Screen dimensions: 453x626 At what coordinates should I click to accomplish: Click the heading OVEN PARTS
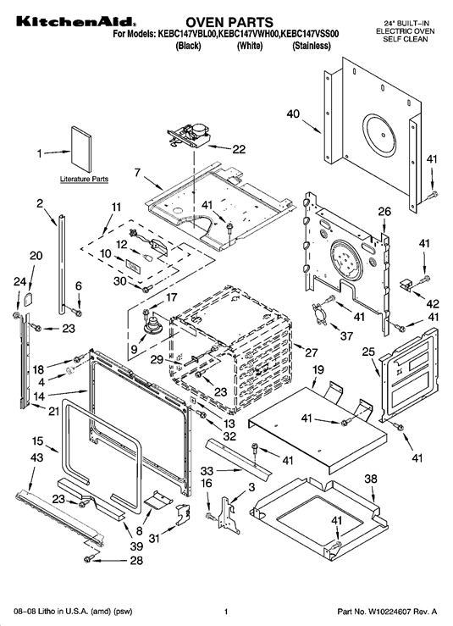[229, 21]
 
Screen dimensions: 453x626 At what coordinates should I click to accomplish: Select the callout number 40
[293, 114]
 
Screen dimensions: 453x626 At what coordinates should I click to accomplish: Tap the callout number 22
[239, 149]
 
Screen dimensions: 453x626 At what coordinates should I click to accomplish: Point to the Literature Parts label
[84, 179]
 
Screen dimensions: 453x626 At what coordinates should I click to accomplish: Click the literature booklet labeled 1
[81, 149]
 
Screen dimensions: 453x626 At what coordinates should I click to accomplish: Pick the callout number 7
[137, 173]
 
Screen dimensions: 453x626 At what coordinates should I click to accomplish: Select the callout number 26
[384, 211]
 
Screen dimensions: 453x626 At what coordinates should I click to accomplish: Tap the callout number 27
[311, 352]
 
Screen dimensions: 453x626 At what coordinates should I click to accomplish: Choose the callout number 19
[318, 369]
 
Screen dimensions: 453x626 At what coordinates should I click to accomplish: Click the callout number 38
[371, 479]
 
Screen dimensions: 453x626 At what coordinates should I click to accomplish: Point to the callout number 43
[36, 457]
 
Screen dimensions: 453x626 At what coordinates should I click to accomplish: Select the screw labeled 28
[88, 560]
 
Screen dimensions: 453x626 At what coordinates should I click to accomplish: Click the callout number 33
[207, 471]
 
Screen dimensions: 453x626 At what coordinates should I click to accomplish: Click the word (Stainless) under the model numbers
[312, 46]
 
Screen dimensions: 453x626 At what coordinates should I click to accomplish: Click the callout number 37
[346, 335]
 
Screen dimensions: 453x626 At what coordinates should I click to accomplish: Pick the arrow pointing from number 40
[312, 125]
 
